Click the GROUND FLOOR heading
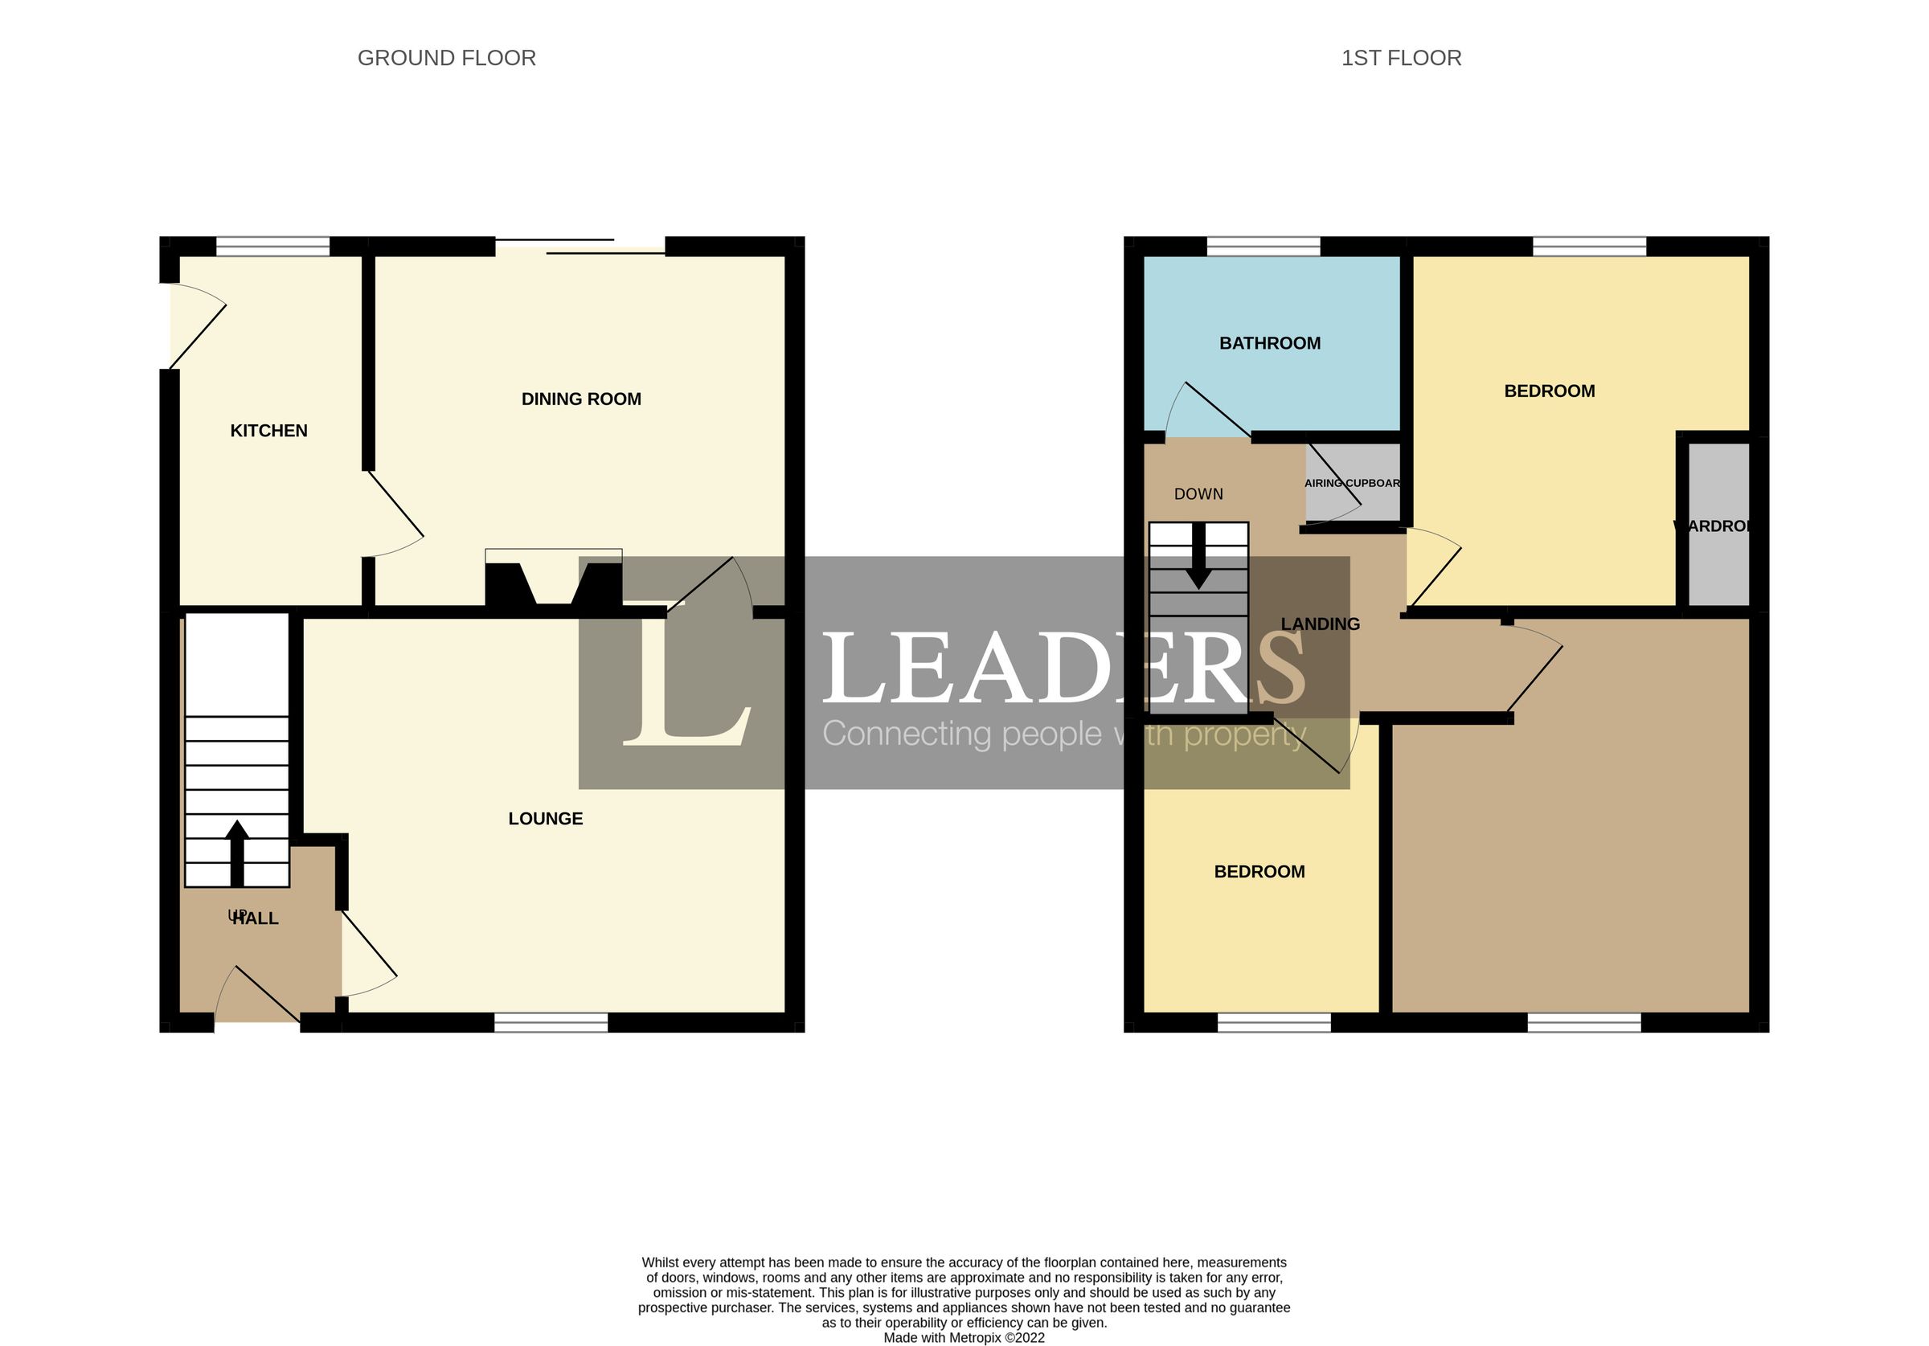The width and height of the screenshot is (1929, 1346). (x=446, y=58)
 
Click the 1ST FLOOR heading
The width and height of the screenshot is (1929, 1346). (x=1401, y=58)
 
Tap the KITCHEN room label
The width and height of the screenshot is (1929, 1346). (x=268, y=430)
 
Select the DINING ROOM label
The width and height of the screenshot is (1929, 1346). (x=580, y=399)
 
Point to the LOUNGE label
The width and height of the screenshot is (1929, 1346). (x=545, y=818)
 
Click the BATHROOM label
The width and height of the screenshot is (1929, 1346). (x=1269, y=343)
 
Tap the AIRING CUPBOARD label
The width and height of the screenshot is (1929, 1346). (x=1352, y=483)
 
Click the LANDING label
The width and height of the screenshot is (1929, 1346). (x=1319, y=624)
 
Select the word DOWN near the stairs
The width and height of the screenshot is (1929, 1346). (x=1198, y=494)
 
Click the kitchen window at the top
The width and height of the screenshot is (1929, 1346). (x=272, y=246)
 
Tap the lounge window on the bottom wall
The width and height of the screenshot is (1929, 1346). (x=551, y=1021)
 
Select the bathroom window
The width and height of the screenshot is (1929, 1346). (x=1263, y=246)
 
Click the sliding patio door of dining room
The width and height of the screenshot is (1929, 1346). (x=580, y=246)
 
